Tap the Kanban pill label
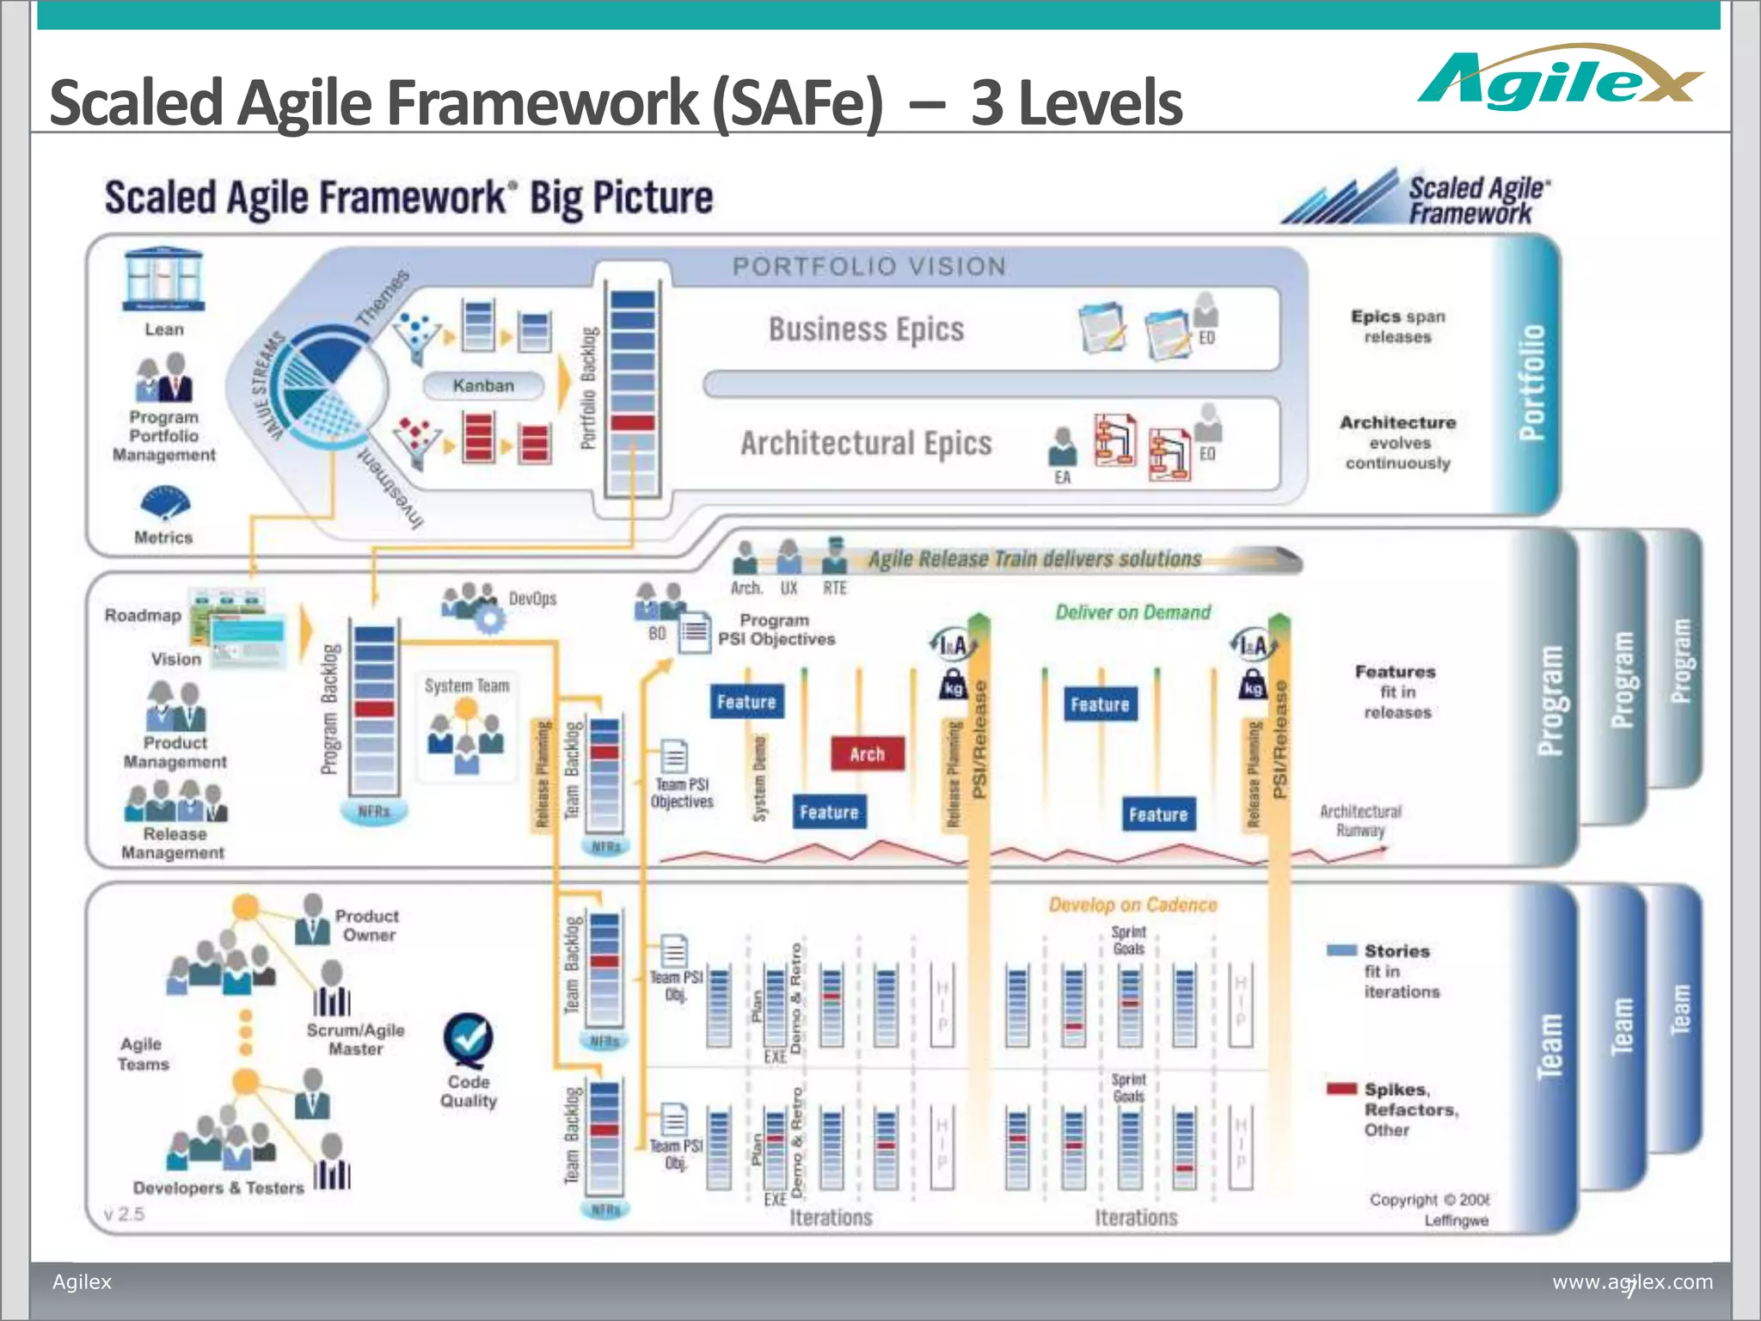483,386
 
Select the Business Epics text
866,329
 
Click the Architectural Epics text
866,444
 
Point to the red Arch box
867,754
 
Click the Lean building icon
163,280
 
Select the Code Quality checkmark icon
469,1039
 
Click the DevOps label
532,599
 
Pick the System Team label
467,685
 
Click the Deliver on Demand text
1132,612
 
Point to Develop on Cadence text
1132,905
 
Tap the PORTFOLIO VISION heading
868,267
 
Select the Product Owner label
367,925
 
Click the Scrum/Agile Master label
355,1039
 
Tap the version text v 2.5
124,1214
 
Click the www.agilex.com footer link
1632,1281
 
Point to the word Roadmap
143,616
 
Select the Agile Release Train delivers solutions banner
1034,559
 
